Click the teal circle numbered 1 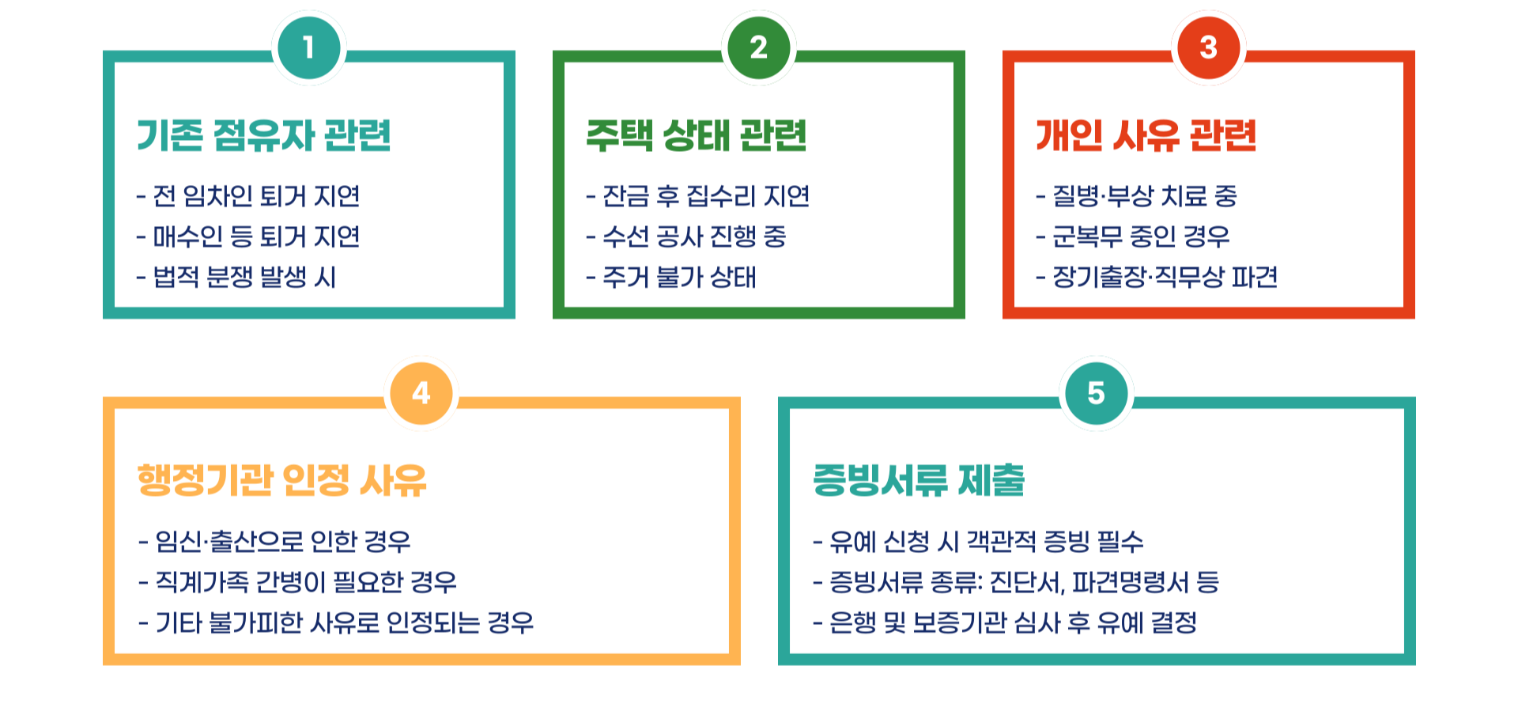(x=308, y=47)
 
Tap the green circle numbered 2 (x=758, y=47)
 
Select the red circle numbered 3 (x=1208, y=47)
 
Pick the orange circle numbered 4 (x=421, y=393)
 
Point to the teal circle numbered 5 (x=1096, y=393)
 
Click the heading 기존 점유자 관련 (x=264, y=135)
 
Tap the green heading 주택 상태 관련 (x=697, y=135)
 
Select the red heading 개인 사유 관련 (x=1146, y=135)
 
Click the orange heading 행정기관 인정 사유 (x=282, y=480)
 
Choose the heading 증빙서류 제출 (x=919, y=480)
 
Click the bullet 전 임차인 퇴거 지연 (x=256, y=196)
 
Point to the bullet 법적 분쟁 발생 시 (x=244, y=277)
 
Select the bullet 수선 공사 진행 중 (x=694, y=236)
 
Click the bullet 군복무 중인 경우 (x=1141, y=236)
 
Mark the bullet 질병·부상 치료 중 (x=1144, y=196)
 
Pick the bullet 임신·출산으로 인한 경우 (x=282, y=542)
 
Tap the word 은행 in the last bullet (x=852, y=623)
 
